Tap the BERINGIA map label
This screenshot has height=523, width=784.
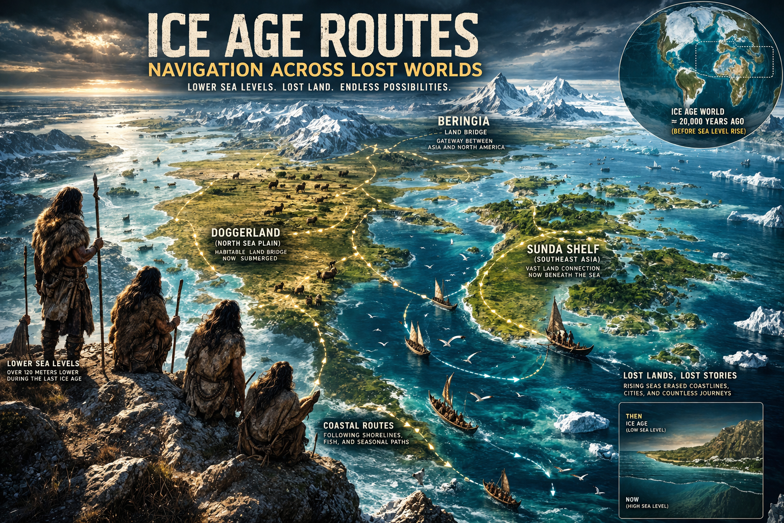[x=463, y=122]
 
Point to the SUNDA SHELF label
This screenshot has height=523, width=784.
[x=563, y=249]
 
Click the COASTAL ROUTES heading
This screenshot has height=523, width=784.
[x=358, y=425]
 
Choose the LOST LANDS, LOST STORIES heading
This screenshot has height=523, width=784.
[x=680, y=375]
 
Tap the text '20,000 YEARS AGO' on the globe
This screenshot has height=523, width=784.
[x=713, y=122]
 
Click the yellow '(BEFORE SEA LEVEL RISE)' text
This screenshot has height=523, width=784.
[x=708, y=131]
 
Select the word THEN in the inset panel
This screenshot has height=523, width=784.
[x=633, y=416]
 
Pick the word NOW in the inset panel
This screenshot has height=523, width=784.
[x=632, y=500]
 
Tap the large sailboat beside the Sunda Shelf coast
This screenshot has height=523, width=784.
[x=564, y=332]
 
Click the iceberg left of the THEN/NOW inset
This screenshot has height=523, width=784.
[x=581, y=422]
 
